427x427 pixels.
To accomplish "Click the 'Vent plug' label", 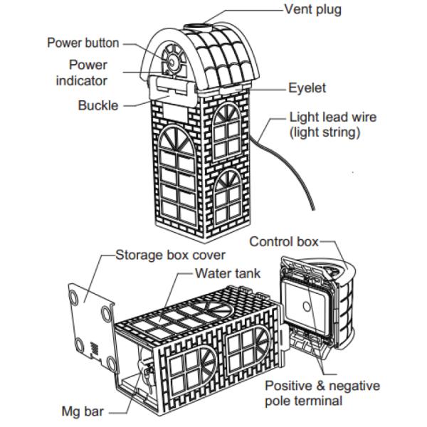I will [312, 10].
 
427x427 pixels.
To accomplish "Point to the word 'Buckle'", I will [97, 106].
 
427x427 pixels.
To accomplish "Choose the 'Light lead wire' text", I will [333, 117].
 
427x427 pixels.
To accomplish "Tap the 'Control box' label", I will [282, 241].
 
